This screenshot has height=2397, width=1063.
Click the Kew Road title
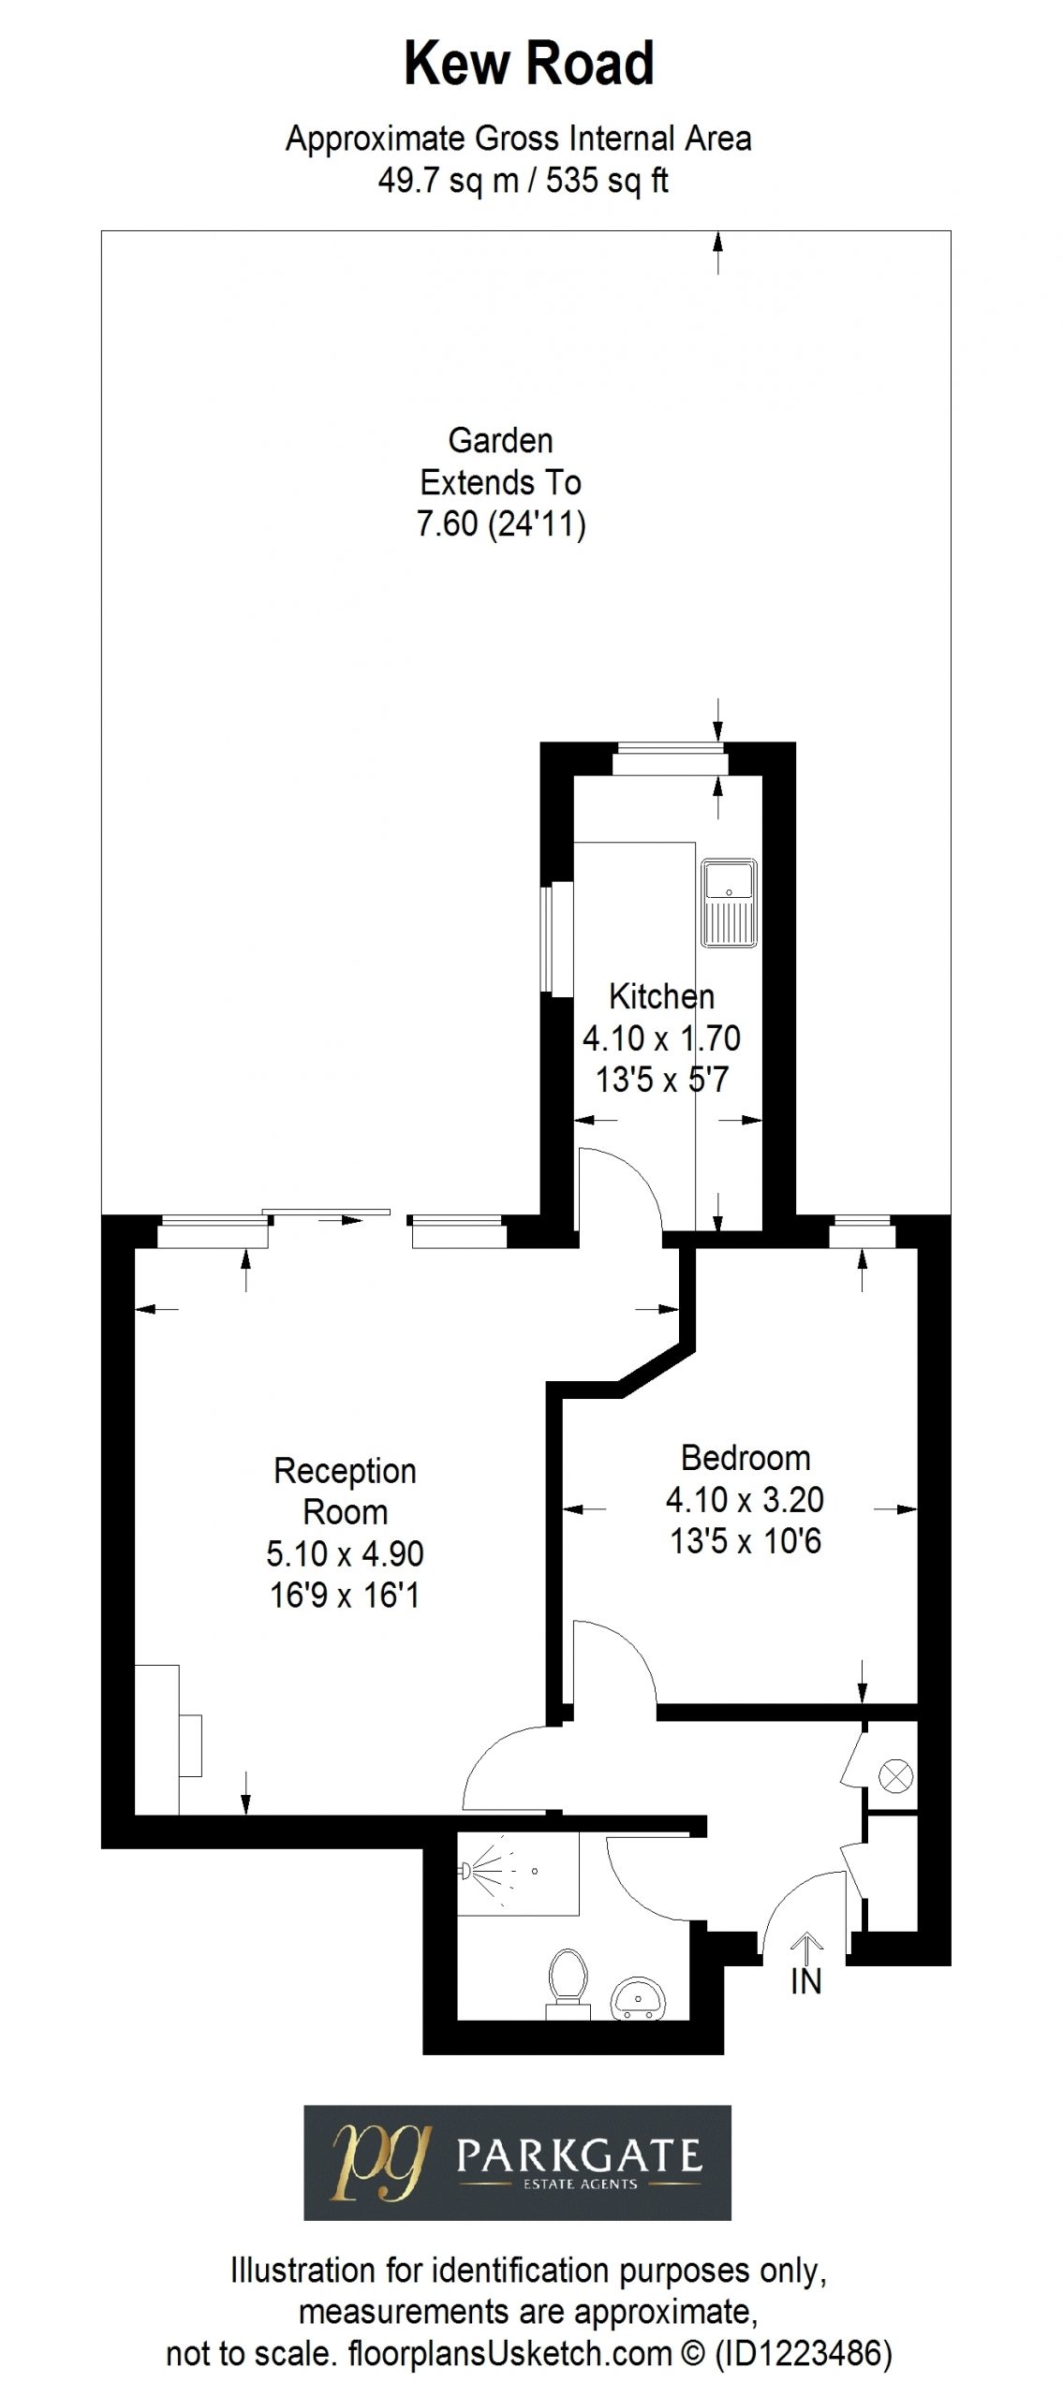click(529, 65)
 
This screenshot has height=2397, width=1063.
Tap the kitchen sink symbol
click(730, 904)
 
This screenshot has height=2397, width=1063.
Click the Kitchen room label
click(661, 995)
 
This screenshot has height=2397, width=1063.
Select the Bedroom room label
click(746, 1458)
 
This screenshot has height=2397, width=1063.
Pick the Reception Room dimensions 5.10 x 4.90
click(346, 1553)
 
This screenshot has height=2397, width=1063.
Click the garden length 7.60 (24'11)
click(501, 523)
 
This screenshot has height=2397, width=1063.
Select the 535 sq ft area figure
click(607, 180)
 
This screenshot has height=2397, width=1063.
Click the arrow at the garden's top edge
click(718, 253)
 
